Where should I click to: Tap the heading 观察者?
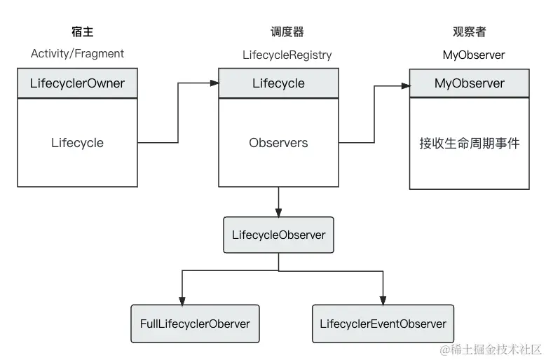[469, 32]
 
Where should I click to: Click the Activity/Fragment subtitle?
[77, 53]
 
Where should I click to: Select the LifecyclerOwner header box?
[77, 83]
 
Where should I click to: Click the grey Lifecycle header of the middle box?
[278, 83]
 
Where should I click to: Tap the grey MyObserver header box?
[469, 83]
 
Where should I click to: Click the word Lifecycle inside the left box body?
[77, 143]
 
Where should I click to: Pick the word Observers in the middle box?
[278, 143]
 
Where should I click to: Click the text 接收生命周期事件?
[469, 144]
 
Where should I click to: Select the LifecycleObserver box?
[278, 235]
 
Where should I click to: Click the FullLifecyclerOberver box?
[195, 324]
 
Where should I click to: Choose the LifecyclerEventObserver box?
[383, 324]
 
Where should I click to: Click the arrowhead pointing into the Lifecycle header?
[214, 83]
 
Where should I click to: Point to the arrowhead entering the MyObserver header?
[404, 86]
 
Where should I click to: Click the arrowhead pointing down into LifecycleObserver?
[279, 212]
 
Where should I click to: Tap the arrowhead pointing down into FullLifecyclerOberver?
[182, 300]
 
